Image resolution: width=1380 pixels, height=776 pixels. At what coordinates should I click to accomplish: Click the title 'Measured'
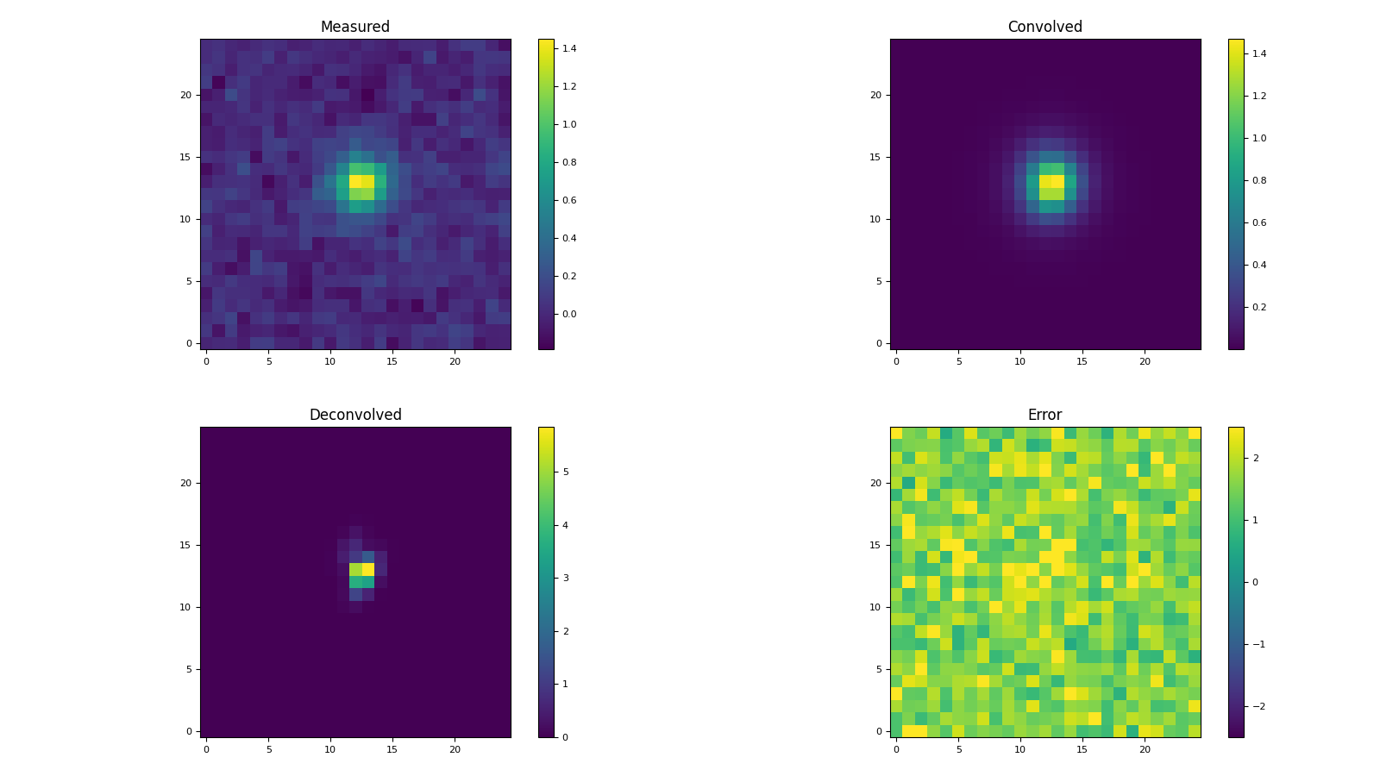pos(354,27)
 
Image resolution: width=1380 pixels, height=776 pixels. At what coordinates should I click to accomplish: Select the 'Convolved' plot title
pos(1044,27)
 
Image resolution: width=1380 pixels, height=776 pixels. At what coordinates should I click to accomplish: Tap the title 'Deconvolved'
pos(354,415)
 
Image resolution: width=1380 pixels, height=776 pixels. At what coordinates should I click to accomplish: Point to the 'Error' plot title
pos(1044,415)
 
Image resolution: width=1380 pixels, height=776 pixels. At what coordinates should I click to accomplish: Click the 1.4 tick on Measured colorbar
pos(569,48)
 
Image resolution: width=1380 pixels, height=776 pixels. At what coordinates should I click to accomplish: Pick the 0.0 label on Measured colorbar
pos(569,314)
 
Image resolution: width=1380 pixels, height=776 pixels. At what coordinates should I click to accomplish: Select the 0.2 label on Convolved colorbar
pos(1259,307)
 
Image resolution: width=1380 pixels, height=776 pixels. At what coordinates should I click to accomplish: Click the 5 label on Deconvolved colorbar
pos(566,472)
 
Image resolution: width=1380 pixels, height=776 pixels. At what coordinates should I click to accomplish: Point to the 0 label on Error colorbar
pos(1256,582)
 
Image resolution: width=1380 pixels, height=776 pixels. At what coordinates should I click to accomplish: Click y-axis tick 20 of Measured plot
pos(185,95)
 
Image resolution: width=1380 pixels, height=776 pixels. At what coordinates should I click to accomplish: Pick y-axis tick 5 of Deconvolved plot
pos(189,669)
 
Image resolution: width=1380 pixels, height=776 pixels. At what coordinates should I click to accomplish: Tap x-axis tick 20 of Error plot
pos(1145,749)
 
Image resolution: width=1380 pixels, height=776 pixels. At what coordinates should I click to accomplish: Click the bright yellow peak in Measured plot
pos(361,182)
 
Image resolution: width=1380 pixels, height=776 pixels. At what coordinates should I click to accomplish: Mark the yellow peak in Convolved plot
pos(1051,182)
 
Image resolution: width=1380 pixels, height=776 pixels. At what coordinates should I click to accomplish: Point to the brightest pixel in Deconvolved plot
pos(367,569)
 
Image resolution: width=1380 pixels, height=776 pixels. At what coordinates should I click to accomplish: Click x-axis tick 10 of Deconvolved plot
pos(330,749)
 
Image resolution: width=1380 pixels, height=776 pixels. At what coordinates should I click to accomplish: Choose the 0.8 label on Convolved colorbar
pos(1259,180)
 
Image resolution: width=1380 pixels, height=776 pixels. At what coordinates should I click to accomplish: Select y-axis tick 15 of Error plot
pos(875,545)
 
